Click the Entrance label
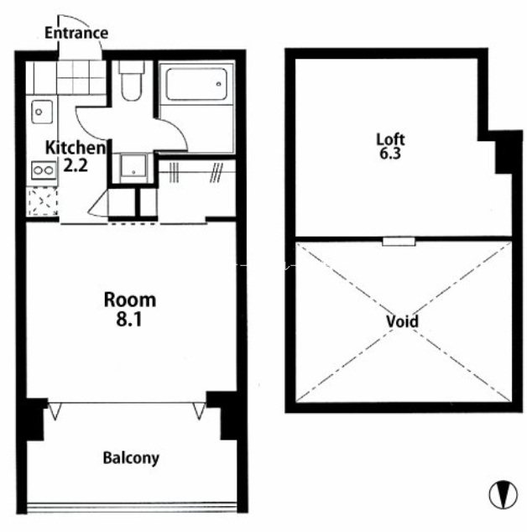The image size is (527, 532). coord(76,33)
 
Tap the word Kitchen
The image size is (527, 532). coord(76,148)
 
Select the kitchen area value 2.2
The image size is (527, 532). coord(76,165)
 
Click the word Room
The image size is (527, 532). coord(130,300)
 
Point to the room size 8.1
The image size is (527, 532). coord(129,319)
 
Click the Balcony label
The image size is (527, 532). coord(131,458)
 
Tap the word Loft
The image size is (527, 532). coord(390,139)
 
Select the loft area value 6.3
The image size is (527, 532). coord(390,154)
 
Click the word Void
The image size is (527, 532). coord(403,321)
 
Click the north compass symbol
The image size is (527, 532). coord(504,494)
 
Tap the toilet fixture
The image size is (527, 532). coord(131,81)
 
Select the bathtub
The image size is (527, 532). coord(196,85)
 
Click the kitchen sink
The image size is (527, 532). coord(42,112)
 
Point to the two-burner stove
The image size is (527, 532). coord(44,170)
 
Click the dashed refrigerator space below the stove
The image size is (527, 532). coord(43,201)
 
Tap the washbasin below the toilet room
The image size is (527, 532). coord(133,166)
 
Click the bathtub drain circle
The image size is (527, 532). coord(219,84)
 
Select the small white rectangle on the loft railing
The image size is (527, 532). coord(399,242)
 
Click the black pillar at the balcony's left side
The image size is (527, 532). coord(34,420)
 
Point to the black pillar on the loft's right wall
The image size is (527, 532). coord(508,153)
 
